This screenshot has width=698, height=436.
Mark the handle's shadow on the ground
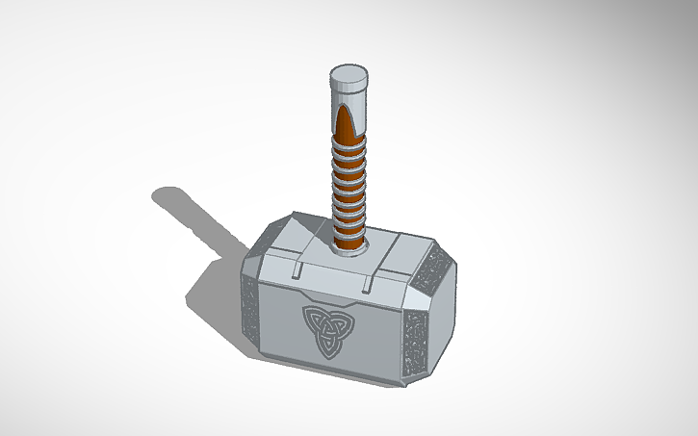[x=188, y=214]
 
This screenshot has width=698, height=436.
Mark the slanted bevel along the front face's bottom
[x=327, y=371]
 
